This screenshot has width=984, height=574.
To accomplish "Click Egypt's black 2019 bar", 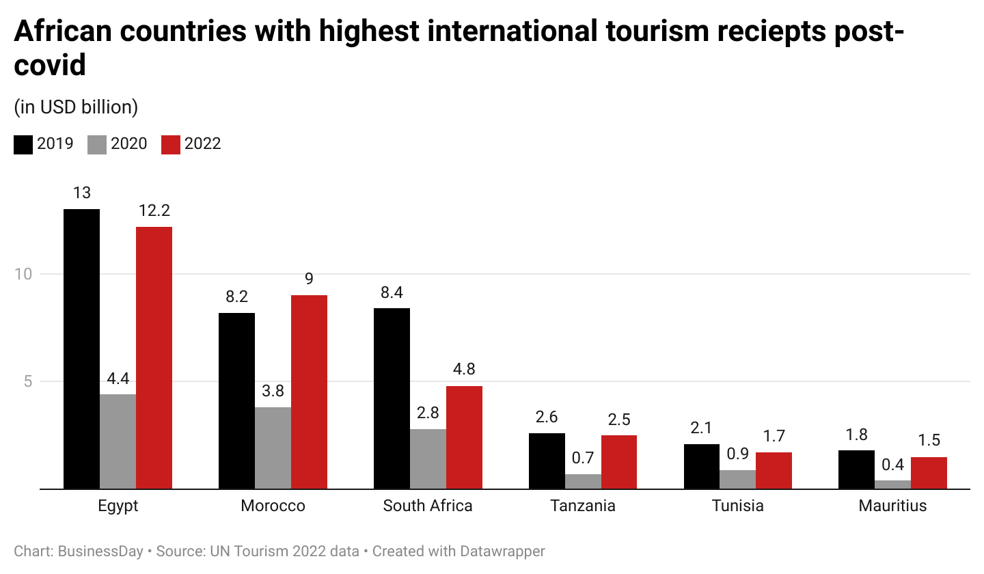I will coord(81,348).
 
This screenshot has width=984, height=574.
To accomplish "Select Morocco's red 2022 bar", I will coord(309,392).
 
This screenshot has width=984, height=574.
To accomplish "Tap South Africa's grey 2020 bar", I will coord(428,459).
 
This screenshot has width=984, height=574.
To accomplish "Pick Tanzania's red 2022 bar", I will coord(618,462).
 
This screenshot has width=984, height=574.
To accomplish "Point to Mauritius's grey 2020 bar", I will coord(892,484).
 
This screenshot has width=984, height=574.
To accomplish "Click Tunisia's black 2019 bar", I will coord(701,466).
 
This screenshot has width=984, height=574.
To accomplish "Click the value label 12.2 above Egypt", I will coord(154,211).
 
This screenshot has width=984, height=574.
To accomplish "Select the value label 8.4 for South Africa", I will coord(392,292).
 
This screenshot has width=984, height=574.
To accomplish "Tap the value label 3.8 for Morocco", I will coord(273,392).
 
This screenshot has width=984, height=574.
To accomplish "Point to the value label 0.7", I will coord(583,459).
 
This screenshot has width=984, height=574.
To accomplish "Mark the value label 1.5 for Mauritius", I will coord(929,441).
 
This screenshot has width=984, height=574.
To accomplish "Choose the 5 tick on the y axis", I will coord(28,381).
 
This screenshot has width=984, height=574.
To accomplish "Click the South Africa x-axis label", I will coord(428,506).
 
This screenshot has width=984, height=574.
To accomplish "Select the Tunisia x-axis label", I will coord(737,506).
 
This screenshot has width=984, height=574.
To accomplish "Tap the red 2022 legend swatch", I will coord(171,144).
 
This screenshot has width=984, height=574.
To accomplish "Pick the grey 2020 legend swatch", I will coord(97,144).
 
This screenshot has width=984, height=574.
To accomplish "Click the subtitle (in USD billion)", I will coord(76,107).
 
